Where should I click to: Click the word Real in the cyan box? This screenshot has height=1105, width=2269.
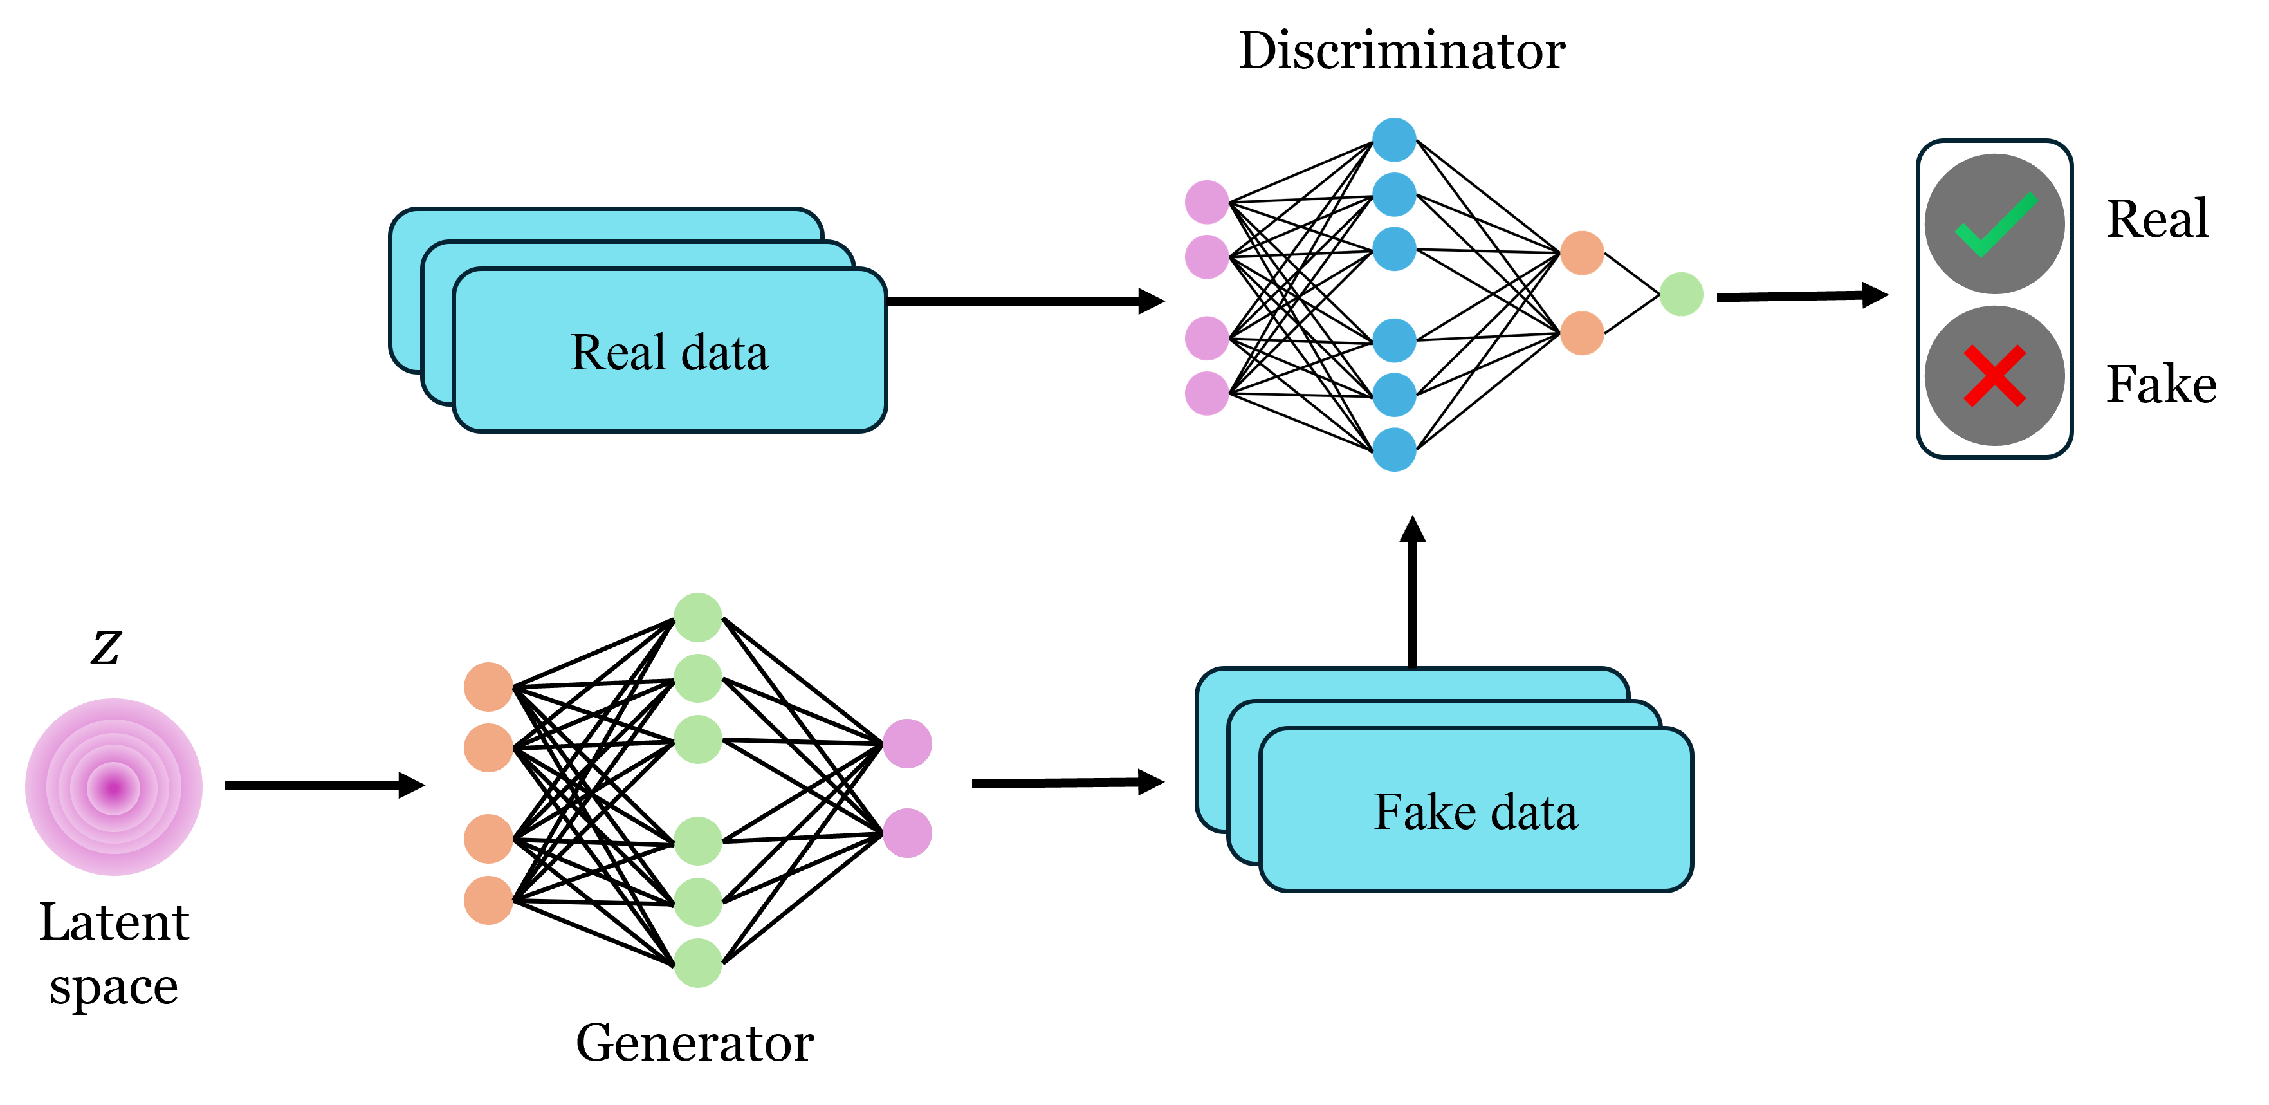[x=618, y=353]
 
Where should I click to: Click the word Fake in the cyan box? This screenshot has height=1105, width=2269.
[x=1424, y=812]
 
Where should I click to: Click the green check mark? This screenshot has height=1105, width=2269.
[x=1994, y=225]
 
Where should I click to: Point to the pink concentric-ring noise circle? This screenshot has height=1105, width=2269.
[x=114, y=787]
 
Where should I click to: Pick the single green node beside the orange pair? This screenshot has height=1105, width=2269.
[x=1680, y=293]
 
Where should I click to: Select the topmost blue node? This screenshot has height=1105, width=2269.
[x=1394, y=139]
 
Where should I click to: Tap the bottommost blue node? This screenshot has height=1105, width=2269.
[x=1394, y=449]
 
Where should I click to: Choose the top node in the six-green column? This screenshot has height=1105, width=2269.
[x=697, y=617]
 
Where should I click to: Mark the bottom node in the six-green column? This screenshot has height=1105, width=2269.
[x=697, y=963]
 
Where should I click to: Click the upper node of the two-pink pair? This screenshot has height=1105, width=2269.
[x=907, y=744]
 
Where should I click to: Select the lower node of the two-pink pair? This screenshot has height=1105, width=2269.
[x=907, y=833]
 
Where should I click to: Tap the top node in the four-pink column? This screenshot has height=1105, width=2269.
[x=1207, y=202]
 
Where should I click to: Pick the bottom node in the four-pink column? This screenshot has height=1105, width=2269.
[x=1207, y=393]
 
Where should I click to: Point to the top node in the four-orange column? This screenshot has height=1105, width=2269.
[x=488, y=687]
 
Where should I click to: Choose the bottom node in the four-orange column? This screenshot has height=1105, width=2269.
[x=488, y=900]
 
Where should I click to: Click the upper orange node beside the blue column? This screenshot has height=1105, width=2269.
[x=1582, y=253]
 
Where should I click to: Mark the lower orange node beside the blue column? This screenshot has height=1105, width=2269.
[x=1582, y=333]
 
